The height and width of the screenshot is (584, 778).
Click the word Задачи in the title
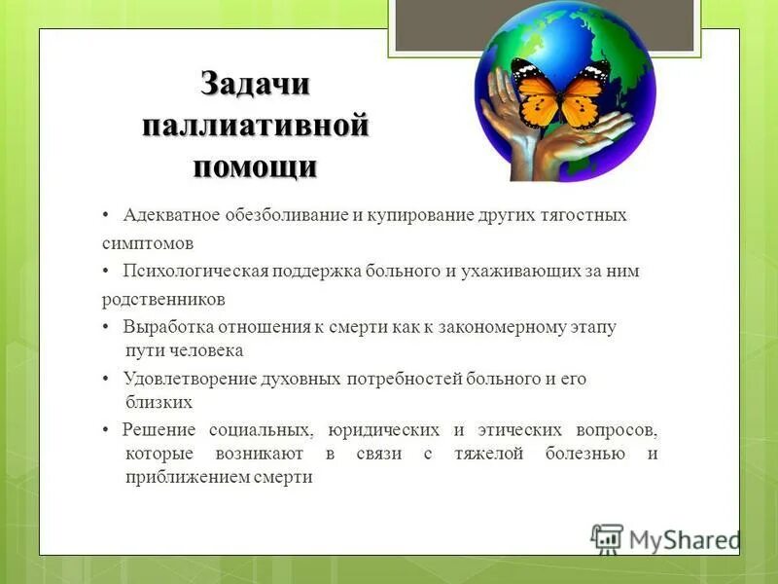click(x=256, y=85)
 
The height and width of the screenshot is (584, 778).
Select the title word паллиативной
click(x=256, y=127)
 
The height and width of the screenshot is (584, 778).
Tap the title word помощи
click(x=255, y=167)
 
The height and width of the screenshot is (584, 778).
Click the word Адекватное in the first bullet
click(x=168, y=215)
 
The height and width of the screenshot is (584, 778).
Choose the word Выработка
click(x=163, y=327)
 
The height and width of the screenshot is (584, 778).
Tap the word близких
click(x=159, y=401)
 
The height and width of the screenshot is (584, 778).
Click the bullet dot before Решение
click(x=106, y=430)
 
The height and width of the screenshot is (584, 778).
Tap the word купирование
click(x=408, y=215)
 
